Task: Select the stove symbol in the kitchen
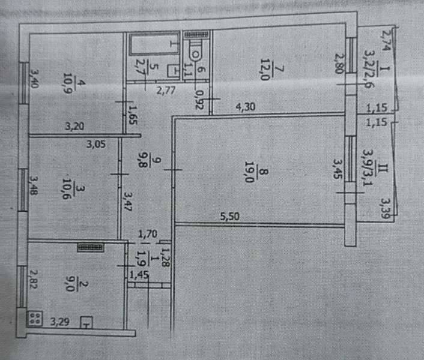35,319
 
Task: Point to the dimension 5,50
229,217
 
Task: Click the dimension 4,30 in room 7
245,107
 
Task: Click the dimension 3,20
74,126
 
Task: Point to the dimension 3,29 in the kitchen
60,322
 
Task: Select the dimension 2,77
166,90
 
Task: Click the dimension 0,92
199,100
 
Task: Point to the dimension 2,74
387,40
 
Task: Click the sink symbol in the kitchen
86,322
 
